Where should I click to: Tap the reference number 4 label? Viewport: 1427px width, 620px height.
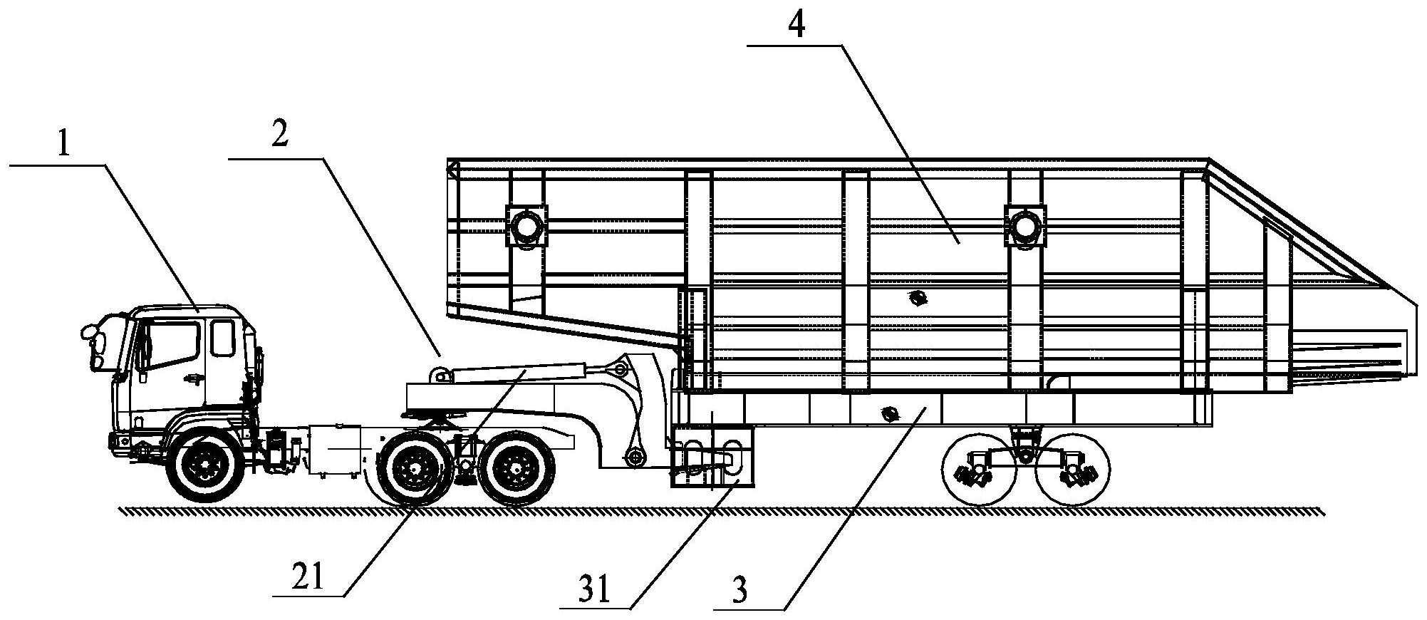point(796,25)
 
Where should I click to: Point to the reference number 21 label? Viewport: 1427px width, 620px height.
point(308,577)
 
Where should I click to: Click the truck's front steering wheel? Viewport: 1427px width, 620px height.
point(204,466)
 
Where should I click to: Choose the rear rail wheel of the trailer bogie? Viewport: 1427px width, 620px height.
point(1072,467)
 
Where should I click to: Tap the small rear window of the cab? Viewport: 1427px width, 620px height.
point(223,338)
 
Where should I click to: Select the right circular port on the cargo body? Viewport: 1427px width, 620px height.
point(1024,226)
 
